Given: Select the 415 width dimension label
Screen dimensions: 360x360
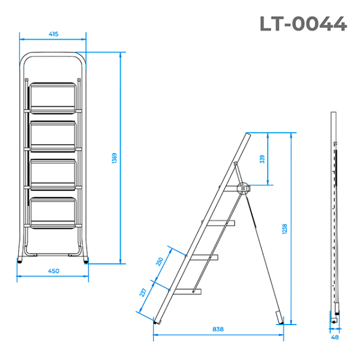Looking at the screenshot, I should (53, 34).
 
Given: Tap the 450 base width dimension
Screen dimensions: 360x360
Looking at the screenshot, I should (53, 271).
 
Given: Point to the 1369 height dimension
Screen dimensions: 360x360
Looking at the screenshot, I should (115, 158).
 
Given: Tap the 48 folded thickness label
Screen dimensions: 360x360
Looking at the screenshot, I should (335, 337).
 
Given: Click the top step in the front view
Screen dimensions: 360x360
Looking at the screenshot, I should (53, 97).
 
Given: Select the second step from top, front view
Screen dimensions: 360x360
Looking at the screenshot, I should (53, 134).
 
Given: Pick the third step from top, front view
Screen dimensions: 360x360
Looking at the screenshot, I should (53, 173).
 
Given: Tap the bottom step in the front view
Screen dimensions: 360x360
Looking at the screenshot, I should (53, 211).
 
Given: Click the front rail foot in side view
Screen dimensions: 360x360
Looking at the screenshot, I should (157, 321).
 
